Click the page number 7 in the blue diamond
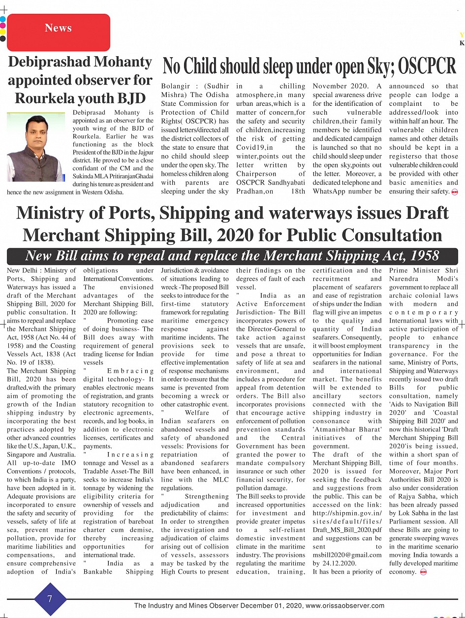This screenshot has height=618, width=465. (50, 599)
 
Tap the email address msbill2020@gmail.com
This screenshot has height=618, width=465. (347, 554)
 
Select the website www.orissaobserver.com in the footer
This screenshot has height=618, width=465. (345, 606)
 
